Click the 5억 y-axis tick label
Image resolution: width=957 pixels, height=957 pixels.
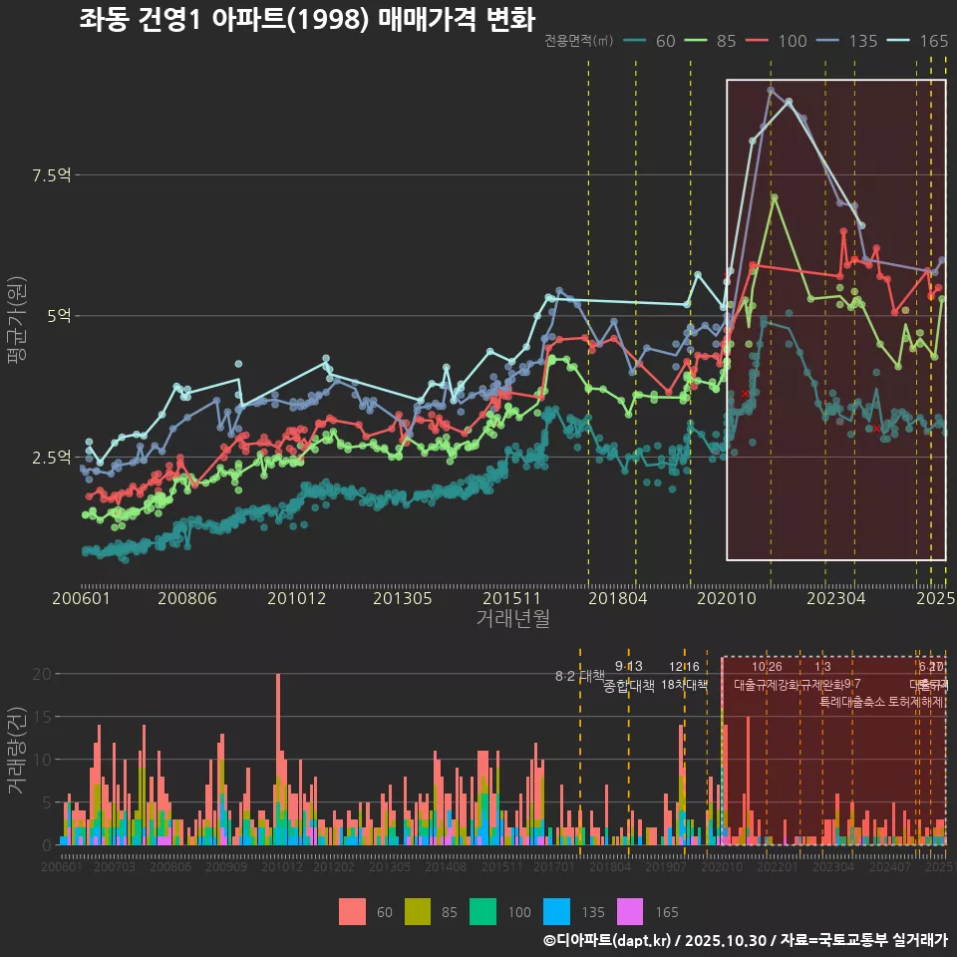(57, 316)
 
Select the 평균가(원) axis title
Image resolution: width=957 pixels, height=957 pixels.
(16, 324)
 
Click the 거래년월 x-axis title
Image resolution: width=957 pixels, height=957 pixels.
(512, 619)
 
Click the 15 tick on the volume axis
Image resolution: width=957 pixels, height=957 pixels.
(43, 717)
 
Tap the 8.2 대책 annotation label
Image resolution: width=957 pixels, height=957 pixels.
(580, 676)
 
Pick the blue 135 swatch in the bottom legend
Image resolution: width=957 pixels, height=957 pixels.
(556, 911)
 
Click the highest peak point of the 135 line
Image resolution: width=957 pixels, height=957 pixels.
(771, 90)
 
